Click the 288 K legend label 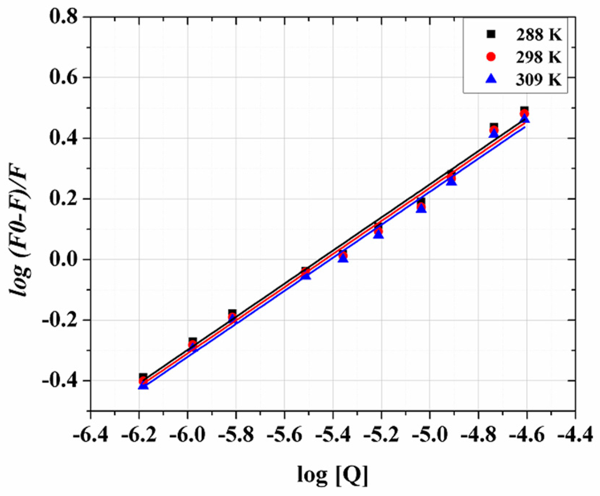539,35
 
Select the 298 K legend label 539,57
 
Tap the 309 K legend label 539,80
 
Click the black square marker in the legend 491,34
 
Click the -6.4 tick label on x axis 91,435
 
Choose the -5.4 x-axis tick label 333,435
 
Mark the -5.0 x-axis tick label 429,435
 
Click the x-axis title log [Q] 332,475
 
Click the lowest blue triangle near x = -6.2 143,385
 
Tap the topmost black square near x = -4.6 524,111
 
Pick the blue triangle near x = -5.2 379,234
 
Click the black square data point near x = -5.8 232,313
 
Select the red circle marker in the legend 491,57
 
